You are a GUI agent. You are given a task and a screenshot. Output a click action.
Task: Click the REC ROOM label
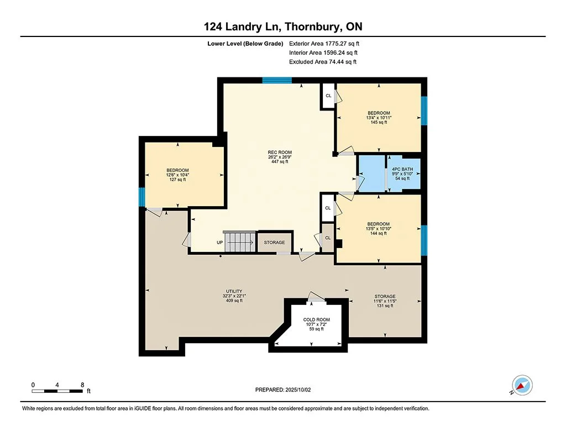(280, 152)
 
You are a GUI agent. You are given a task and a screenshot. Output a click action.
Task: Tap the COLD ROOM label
(316, 320)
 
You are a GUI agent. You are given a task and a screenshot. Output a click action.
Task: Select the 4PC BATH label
(402, 169)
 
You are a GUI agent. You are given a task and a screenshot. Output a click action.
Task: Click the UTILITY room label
(234, 291)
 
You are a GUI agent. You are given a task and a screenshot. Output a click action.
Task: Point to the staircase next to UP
(239, 241)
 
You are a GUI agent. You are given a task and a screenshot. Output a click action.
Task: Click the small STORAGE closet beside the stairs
(274, 243)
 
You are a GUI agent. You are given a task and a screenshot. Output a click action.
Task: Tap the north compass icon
(522, 386)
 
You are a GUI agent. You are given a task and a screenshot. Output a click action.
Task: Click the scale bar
(57, 391)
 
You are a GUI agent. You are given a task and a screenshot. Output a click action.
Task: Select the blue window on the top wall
(277, 80)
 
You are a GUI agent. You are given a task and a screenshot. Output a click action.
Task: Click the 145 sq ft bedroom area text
(379, 122)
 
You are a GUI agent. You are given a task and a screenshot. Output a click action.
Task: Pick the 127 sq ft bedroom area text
(177, 180)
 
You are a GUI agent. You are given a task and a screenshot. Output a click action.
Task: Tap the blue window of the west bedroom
(142, 197)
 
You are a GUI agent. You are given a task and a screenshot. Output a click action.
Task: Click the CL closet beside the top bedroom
(328, 96)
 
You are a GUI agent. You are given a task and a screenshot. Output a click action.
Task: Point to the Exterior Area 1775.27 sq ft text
(324, 44)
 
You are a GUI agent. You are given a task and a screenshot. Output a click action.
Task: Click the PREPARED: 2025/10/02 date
(283, 389)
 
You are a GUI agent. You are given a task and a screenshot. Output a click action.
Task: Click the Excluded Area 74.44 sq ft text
(323, 62)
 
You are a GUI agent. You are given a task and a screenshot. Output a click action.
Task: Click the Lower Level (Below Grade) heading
(245, 44)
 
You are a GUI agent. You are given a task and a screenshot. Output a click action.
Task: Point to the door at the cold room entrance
(316, 297)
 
